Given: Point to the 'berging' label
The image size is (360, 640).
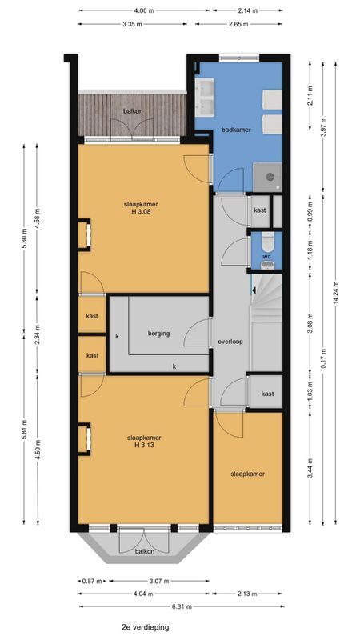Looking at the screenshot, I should pos(159,333).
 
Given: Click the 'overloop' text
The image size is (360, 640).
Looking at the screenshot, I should pos(230,342).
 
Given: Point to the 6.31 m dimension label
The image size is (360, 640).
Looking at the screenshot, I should pos(180,606).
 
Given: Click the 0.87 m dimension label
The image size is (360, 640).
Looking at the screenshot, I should pos(90,581).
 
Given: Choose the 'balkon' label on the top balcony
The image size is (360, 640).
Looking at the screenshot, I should pos(133,111).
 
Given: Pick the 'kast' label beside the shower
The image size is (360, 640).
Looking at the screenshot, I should pos(259,210).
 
